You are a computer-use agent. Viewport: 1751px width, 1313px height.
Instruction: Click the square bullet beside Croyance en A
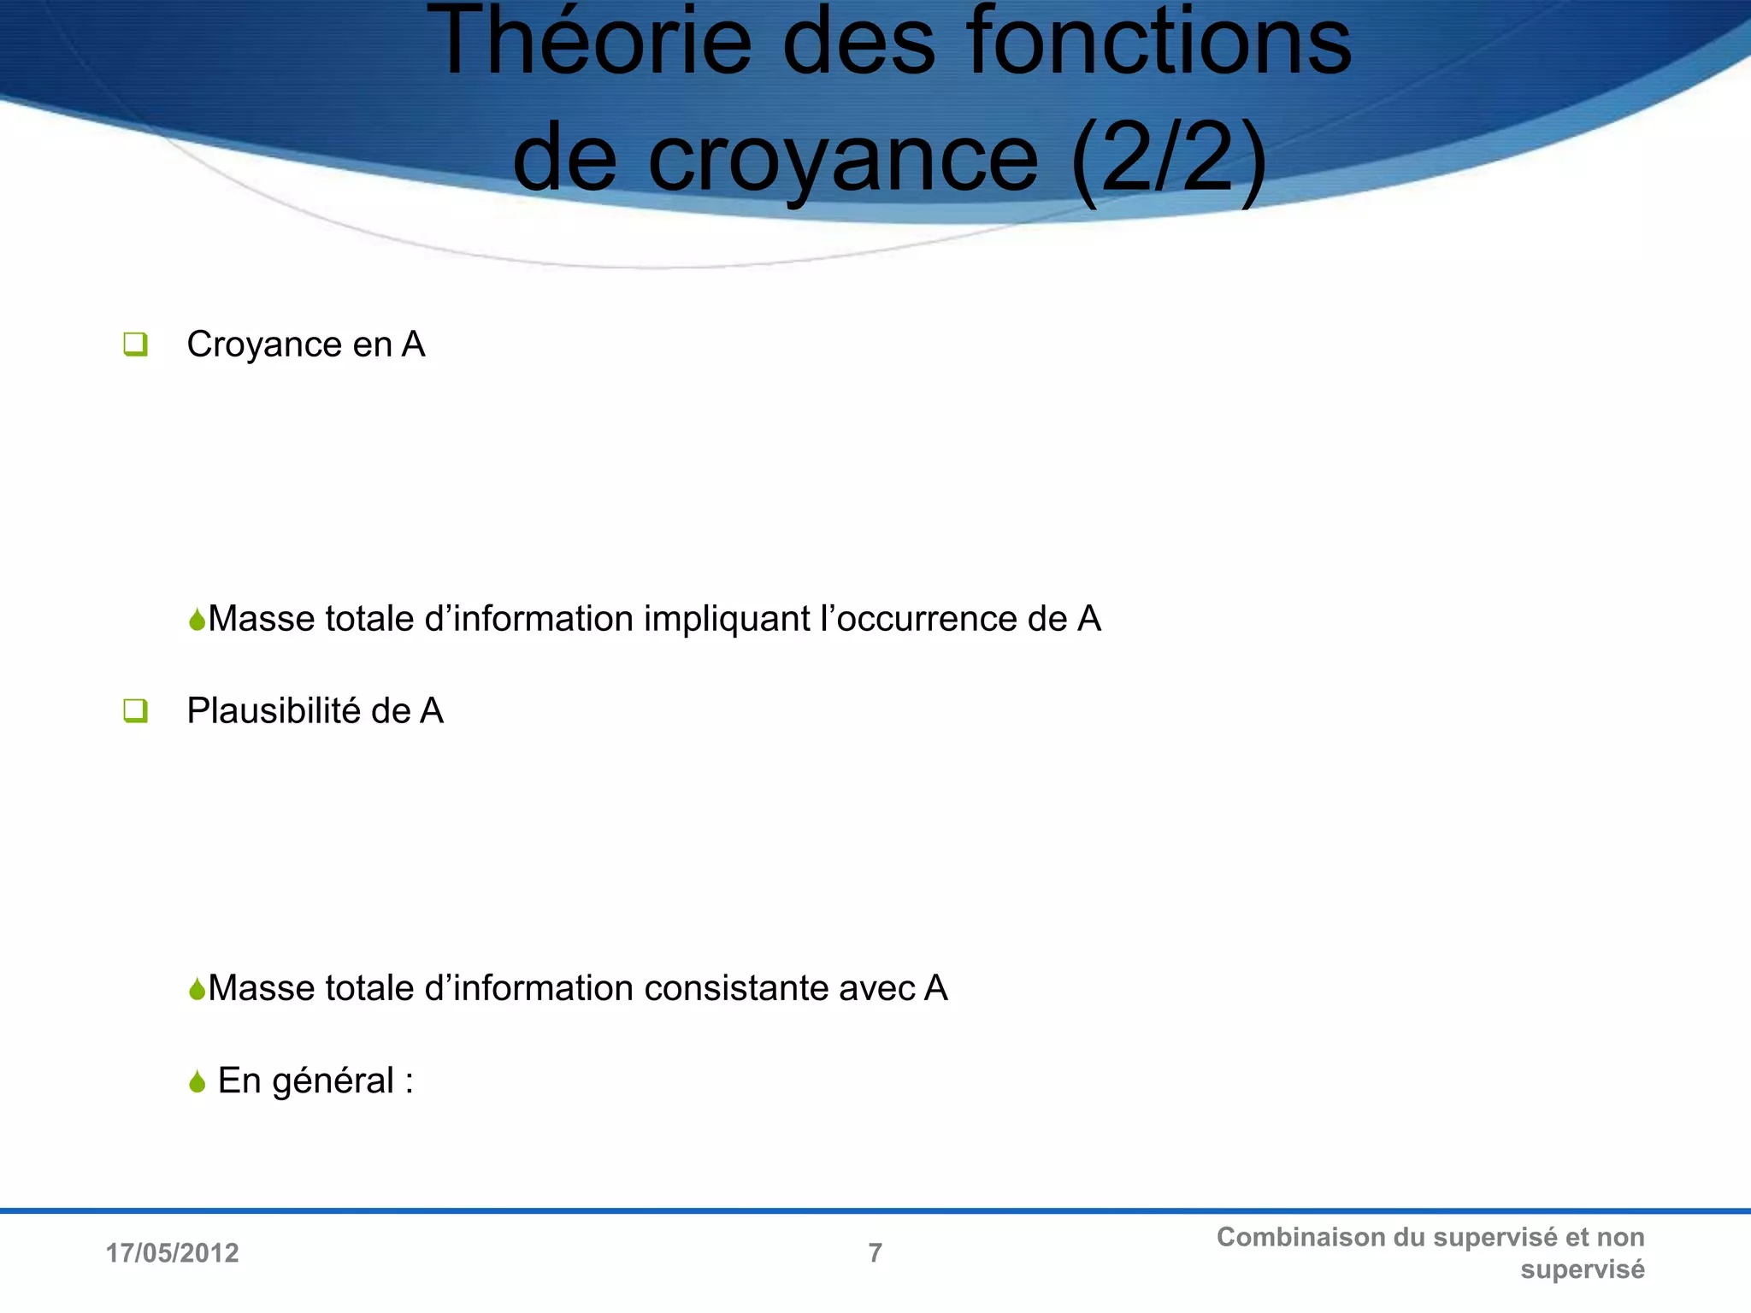pyautogui.click(x=135, y=344)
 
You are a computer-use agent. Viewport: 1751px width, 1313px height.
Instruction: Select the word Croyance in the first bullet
pyautogui.click(x=264, y=344)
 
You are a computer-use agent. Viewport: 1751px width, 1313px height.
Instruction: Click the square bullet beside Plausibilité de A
pyautogui.click(x=135, y=710)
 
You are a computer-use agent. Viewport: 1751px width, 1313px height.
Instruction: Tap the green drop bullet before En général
pyautogui.click(x=198, y=1082)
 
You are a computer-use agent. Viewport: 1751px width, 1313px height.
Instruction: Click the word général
pyautogui.click(x=333, y=1081)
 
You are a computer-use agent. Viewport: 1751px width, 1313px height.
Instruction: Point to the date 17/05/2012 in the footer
pyautogui.click(x=172, y=1253)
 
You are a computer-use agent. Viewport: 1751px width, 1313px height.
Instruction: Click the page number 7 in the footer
pyautogui.click(x=875, y=1253)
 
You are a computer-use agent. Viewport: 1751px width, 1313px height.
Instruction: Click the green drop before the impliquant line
pyautogui.click(x=198, y=620)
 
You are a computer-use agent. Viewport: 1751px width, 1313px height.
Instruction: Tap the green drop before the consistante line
pyautogui.click(x=198, y=989)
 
